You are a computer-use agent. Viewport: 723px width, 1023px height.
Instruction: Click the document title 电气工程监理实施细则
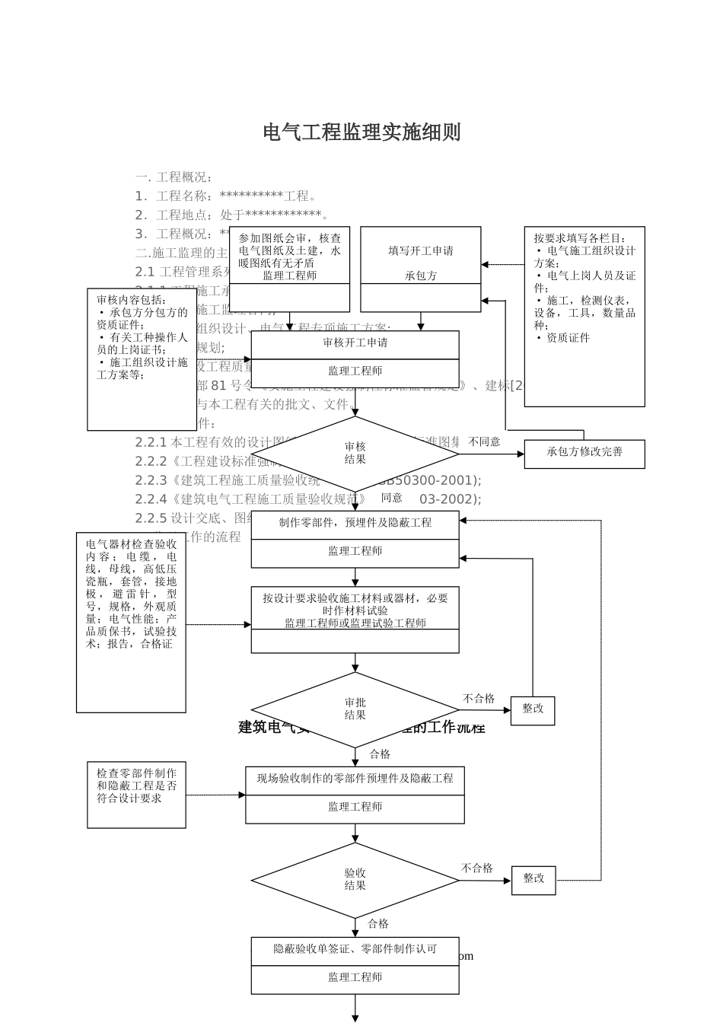pos(361,132)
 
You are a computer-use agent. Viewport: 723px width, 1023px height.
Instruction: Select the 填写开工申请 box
pos(420,251)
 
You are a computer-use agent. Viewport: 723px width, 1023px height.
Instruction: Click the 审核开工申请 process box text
pos(355,343)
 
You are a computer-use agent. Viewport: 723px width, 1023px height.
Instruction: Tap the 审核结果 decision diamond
pos(355,454)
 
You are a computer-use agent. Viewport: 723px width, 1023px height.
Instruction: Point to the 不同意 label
pos(484,442)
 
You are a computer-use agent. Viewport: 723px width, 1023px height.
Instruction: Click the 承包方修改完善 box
pos(584,453)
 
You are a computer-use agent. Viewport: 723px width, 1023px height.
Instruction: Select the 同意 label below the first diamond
pos(391,498)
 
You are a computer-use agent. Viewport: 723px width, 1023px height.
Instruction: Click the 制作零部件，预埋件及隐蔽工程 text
pos(355,524)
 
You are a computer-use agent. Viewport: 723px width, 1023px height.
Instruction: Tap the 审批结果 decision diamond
pos(355,709)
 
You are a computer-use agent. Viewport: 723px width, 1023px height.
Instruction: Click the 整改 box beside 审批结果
pos(532,709)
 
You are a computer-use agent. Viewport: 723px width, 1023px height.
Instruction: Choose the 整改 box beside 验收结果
pos(533,879)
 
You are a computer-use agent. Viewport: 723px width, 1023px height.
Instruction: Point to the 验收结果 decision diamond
pos(355,880)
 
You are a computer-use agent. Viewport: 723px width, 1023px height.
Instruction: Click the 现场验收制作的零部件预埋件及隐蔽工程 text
pos(355,779)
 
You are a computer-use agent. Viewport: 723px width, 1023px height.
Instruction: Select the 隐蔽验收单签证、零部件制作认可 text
pos(355,950)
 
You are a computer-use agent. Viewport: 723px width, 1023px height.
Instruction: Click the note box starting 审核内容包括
pos(142,358)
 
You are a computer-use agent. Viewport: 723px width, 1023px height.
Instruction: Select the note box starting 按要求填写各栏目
pos(584,315)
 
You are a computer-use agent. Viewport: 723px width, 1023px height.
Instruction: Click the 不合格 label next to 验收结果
pos(476,868)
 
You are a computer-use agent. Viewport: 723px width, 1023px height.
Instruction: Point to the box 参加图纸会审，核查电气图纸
pos(289,256)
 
